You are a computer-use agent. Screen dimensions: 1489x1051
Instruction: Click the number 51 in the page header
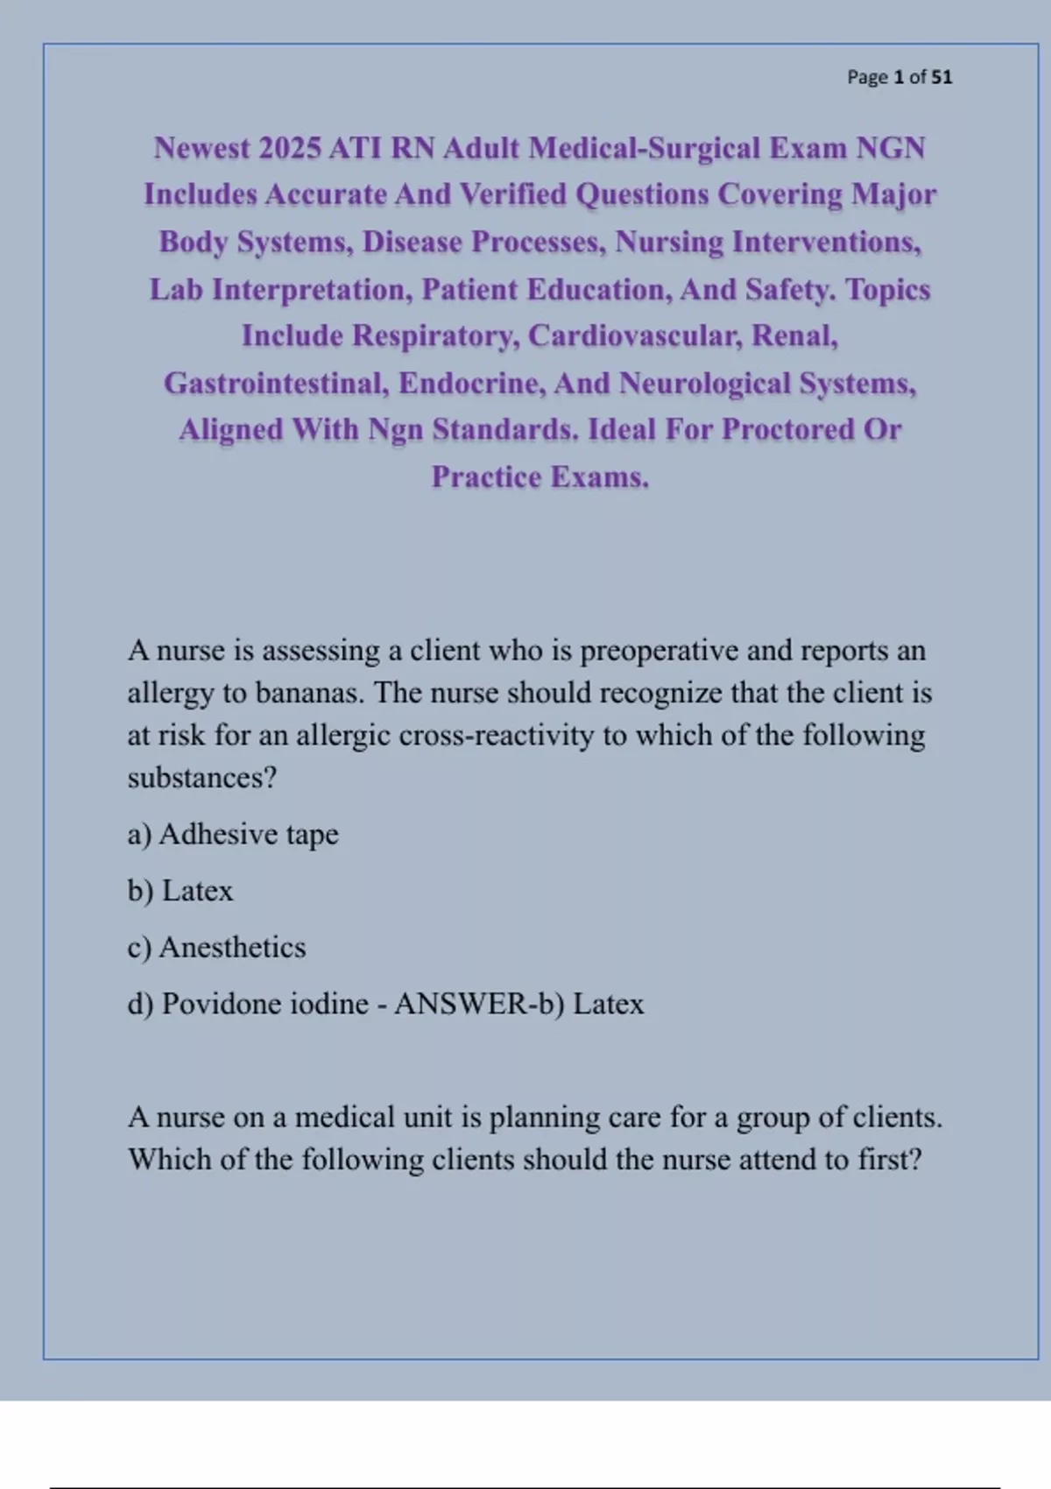click(942, 77)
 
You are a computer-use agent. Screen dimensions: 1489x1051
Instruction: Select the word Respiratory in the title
click(436, 335)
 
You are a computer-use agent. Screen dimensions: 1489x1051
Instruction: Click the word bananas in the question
click(309, 693)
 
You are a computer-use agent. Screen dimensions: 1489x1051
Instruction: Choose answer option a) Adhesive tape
click(233, 834)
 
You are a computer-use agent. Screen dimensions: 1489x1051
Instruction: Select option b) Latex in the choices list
click(180, 891)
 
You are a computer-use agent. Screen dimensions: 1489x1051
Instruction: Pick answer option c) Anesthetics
click(216, 947)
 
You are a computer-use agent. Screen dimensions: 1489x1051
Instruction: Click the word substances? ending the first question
click(202, 777)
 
